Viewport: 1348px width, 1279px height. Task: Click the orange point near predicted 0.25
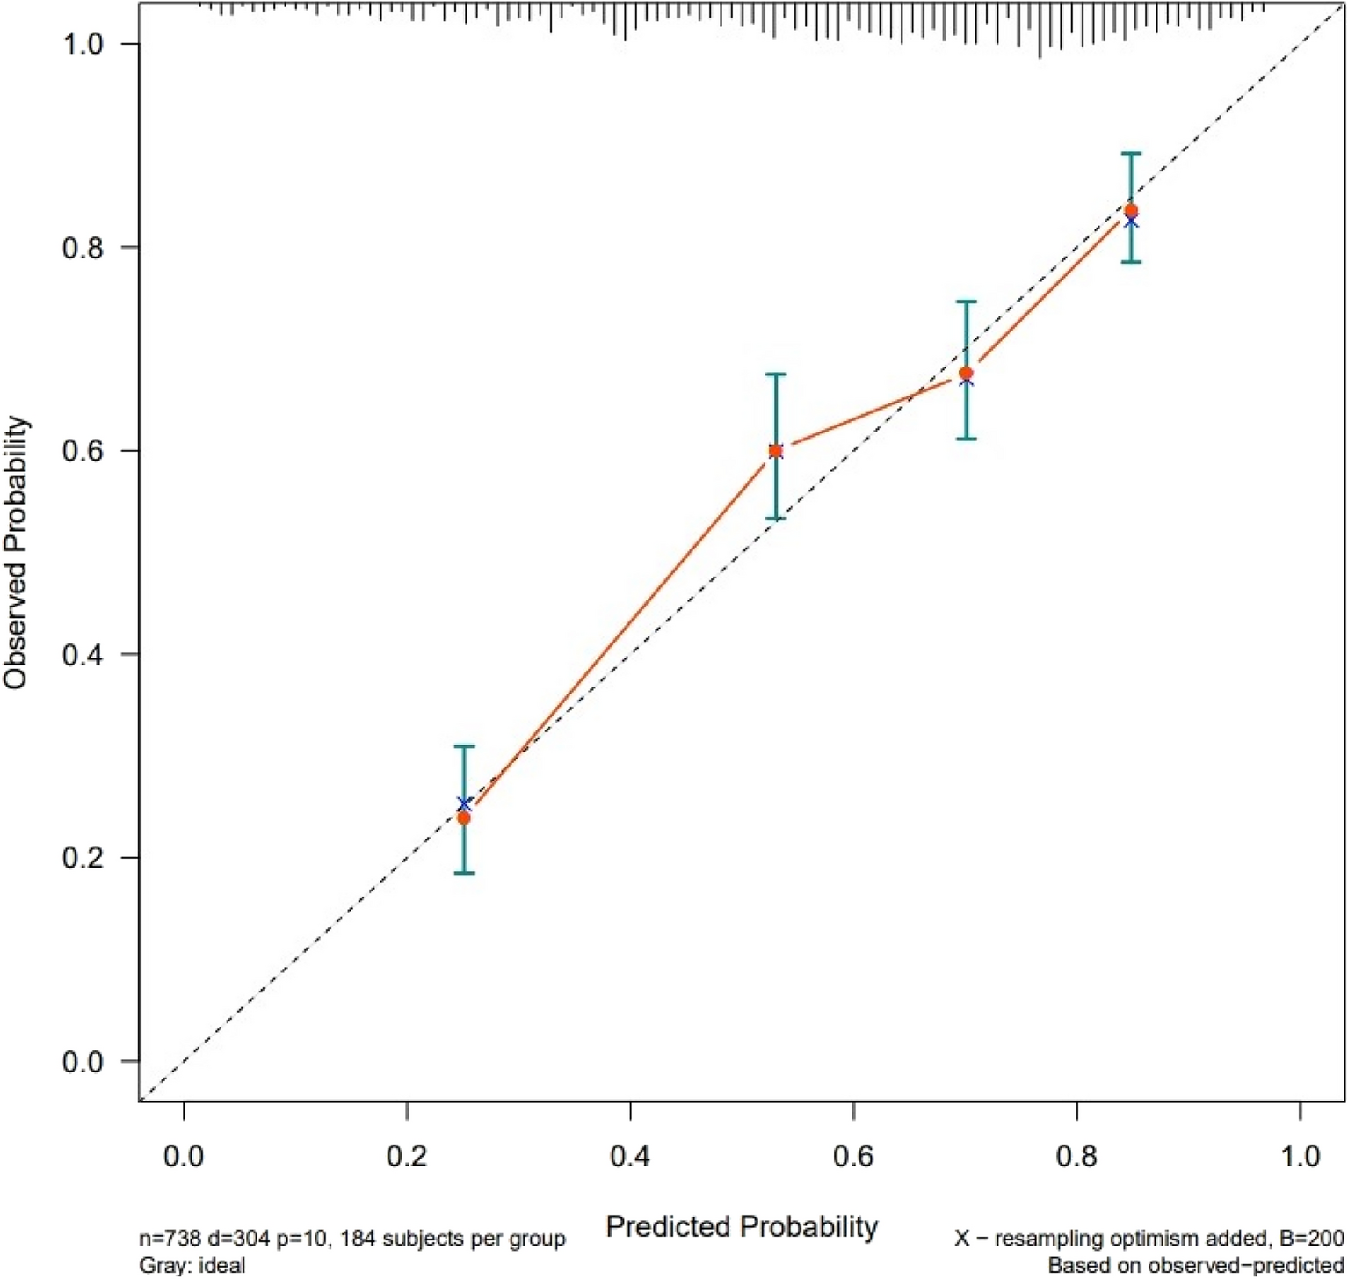(x=463, y=818)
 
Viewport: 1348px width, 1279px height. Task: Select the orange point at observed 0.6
(x=775, y=451)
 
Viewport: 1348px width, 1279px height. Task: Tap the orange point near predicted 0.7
(x=966, y=374)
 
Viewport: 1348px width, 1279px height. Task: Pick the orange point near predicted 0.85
(x=1131, y=210)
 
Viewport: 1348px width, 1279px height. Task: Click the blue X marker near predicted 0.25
(x=464, y=803)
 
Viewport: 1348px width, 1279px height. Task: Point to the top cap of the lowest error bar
(x=464, y=746)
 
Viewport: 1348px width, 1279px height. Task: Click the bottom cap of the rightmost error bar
(x=1131, y=262)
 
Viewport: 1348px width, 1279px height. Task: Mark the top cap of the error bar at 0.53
(x=775, y=374)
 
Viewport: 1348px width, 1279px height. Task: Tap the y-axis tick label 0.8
(x=83, y=248)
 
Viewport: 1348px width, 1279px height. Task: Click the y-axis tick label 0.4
(x=83, y=655)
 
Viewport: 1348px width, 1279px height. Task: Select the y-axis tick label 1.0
(x=83, y=44)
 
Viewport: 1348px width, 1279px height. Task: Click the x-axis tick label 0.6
(x=853, y=1155)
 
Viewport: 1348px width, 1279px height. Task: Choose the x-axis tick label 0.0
(x=184, y=1155)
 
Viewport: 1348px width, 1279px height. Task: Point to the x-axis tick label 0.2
(x=407, y=1155)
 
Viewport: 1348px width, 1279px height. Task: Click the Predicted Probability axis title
(x=742, y=1226)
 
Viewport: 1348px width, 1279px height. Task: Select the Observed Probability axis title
(x=17, y=552)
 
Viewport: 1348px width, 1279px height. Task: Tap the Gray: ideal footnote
(x=192, y=1266)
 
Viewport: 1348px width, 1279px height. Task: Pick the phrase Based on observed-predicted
(x=1195, y=1266)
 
